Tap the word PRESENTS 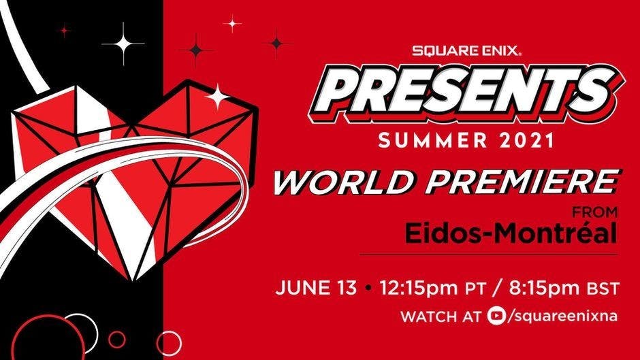point(466,95)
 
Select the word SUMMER point(433,141)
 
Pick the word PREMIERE point(523,182)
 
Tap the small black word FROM point(594,212)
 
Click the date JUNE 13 point(316,288)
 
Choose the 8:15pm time point(545,288)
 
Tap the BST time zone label point(603,289)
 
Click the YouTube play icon point(496,316)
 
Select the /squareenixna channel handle point(562,316)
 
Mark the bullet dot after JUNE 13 point(368,288)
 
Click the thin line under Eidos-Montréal point(489,255)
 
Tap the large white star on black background point(123,44)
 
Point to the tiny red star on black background point(64,30)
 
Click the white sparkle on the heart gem point(218,97)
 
